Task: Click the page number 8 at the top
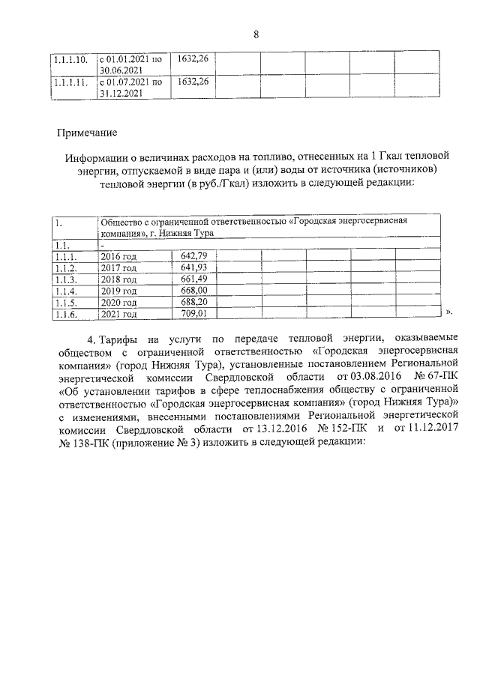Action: coord(256,34)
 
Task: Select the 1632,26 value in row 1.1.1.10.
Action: coord(190,58)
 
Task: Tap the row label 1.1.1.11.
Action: coord(69,82)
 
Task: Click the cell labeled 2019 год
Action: coord(118,291)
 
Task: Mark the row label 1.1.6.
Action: coord(66,313)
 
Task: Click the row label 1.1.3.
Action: coord(66,279)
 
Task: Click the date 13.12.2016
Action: coord(269,429)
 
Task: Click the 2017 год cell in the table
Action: coord(118,268)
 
